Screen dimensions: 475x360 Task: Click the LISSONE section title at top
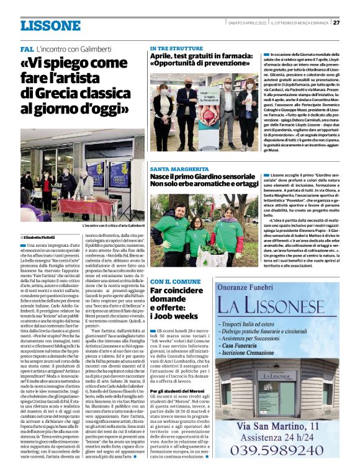tap(50, 25)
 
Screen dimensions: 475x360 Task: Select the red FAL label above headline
tap(27, 48)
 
